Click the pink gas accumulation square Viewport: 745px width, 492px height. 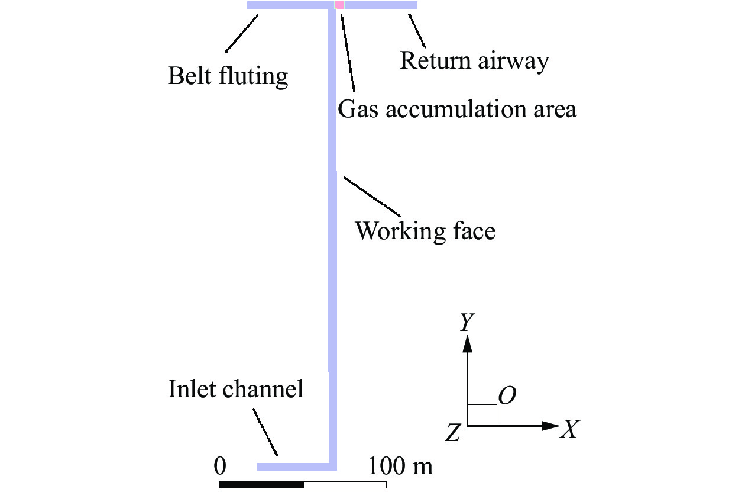(339, 5)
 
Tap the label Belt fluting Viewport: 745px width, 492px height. (228, 76)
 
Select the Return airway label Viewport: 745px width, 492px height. (474, 62)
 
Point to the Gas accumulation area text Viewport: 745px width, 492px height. (457, 110)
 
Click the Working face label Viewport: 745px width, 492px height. (425, 231)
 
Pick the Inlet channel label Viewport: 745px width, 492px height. (236, 389)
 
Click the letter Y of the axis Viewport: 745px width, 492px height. (467, 321)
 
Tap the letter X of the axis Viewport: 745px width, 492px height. (571, 429)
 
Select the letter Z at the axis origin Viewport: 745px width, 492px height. (454, 432)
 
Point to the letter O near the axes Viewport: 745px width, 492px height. (507, 395)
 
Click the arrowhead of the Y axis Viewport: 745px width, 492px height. (467, 343)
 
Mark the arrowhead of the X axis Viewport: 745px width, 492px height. (551, 426)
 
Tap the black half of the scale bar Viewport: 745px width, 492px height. (262, 485)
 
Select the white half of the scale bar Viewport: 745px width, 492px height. (345, 485)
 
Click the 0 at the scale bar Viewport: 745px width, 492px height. (220, 466)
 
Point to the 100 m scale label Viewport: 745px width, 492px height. (400, 466)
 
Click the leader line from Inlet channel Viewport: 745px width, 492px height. (265, 432)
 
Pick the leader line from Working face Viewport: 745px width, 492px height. (372, 197)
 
